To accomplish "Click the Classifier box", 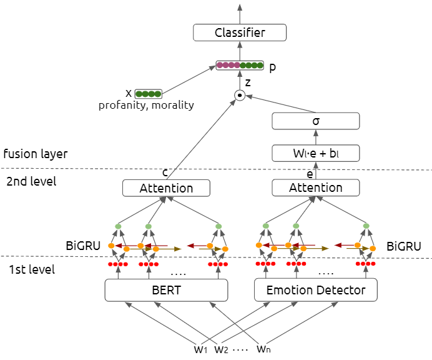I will [239, 32].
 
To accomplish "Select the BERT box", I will [166, 289].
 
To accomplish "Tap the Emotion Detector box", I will [317, 289].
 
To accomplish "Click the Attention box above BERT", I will [166, 187].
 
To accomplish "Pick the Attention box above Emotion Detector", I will [316, 187].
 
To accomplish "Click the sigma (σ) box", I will [316, 121].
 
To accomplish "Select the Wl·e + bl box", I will [316, 152].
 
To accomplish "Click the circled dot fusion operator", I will [239, 96].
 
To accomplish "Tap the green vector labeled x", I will [148, 94].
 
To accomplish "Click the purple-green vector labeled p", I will [240, 65].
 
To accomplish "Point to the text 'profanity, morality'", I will [146, 106].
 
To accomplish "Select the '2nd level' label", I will [31, 182].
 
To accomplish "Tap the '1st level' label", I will [31, 270].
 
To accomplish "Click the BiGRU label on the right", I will [403, 246].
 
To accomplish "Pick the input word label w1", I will [200, 349].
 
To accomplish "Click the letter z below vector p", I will [248, 82].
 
